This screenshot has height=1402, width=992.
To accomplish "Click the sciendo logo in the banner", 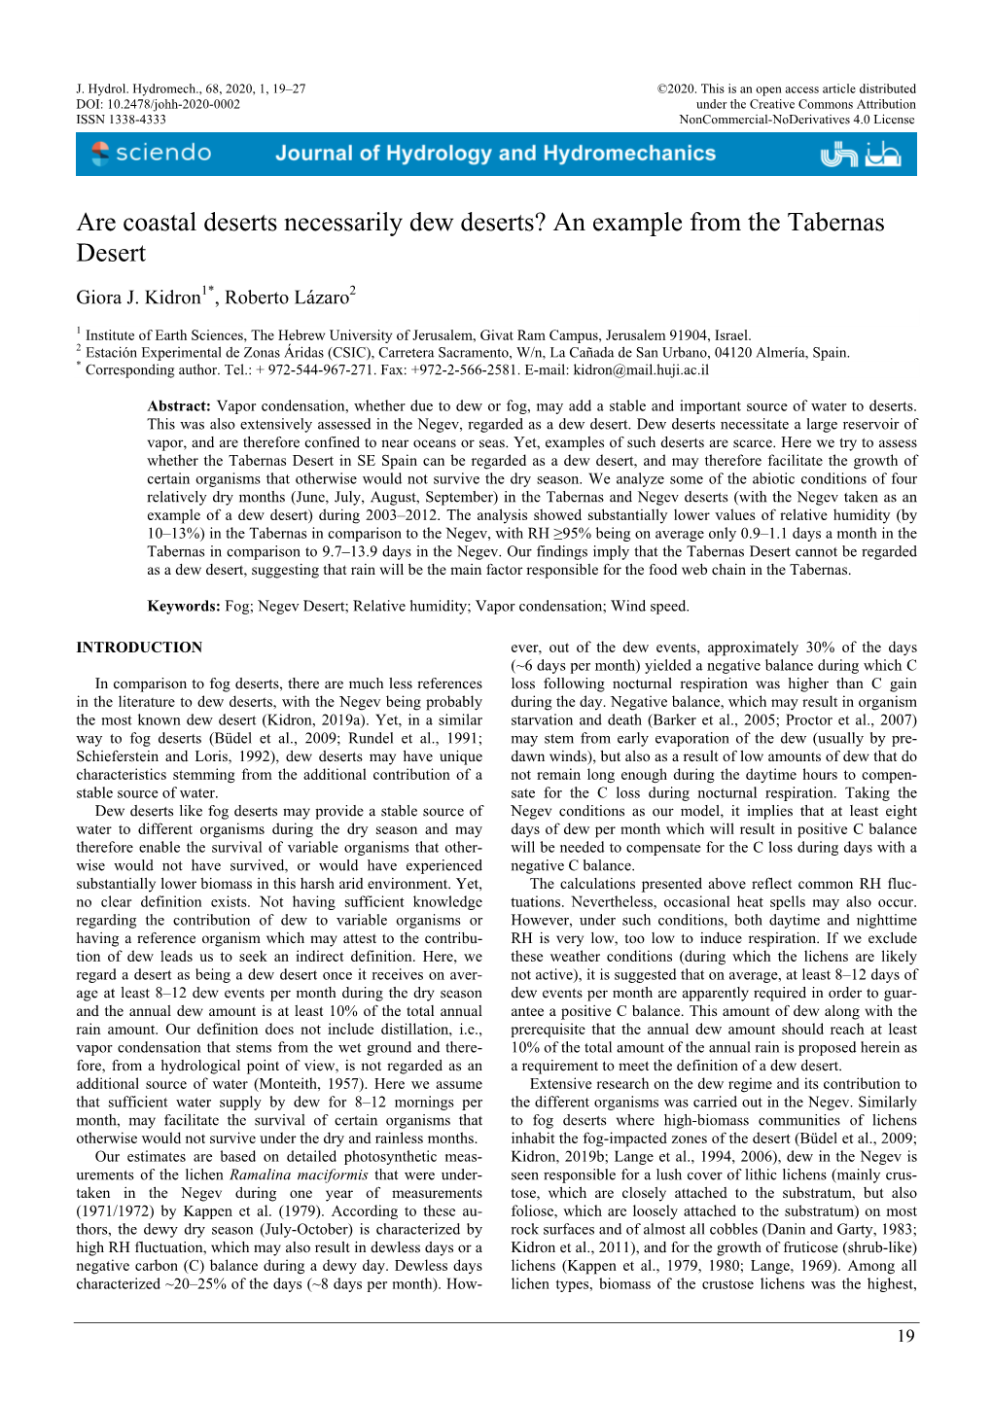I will (151, 154).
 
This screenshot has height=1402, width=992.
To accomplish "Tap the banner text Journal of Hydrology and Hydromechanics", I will (495, 154).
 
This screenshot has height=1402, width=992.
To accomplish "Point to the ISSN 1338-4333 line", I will (122, 120).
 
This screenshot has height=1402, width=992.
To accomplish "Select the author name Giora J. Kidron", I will (138, 298).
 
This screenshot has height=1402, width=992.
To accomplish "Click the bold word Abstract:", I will (179, 406).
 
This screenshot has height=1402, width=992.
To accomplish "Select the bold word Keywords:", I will (184, 607).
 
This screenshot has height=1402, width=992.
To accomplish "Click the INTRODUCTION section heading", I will (139, 648).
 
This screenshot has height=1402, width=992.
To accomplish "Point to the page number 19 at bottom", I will (904, 1336).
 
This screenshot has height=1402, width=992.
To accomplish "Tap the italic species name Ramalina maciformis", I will (300, 1175).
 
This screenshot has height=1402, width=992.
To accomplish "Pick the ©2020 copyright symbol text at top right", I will (676, 88).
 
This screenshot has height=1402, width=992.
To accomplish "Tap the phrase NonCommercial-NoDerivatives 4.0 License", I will (797, 120).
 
